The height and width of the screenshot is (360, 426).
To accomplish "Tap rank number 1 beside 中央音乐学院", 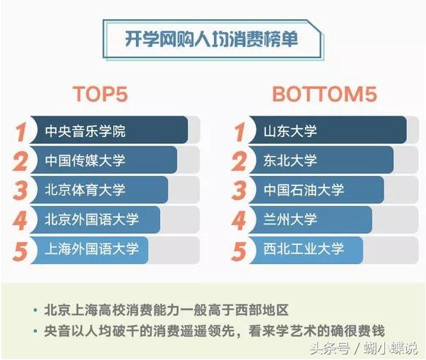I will (x=21, y=131).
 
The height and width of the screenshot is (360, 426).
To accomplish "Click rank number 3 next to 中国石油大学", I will (x=239, y=190).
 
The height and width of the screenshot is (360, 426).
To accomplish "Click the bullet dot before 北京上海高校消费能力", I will (x=34, y=309).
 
